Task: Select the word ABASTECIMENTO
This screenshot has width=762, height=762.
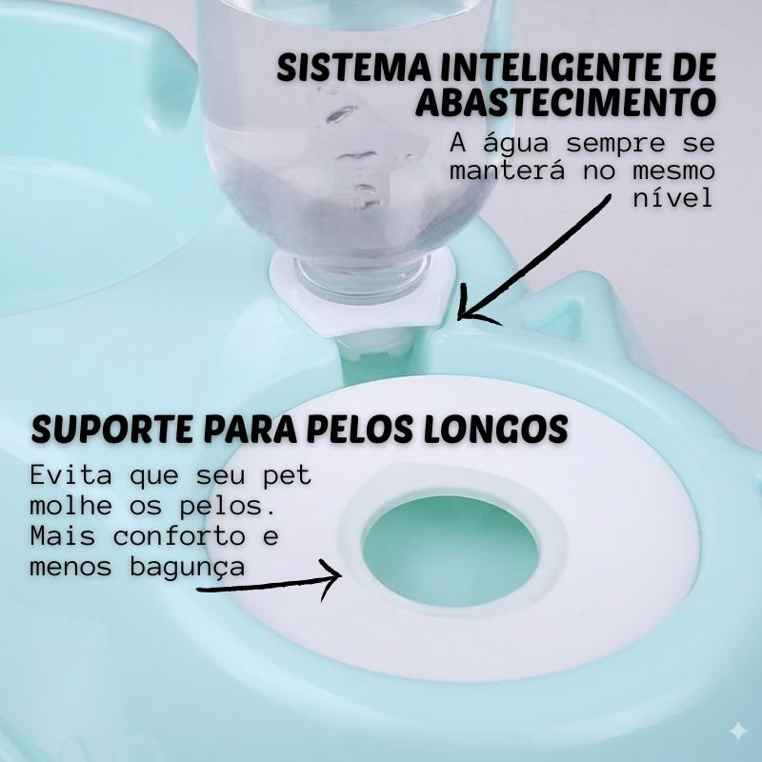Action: [x=566, y=102]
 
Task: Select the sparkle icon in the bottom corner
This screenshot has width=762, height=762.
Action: [x=737, y=732]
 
